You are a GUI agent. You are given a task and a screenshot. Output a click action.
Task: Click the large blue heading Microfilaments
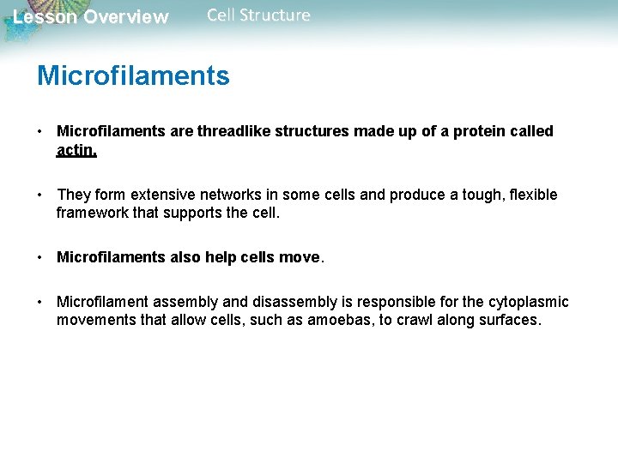pos(133,76)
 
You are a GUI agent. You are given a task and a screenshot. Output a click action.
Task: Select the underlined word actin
pos(76,151)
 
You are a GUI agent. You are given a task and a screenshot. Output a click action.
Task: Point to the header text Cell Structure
pos(258,15)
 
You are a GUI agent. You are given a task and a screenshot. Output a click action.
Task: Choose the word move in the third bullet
pos(298,257)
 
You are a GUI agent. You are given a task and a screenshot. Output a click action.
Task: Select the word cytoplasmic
pos(524,302)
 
